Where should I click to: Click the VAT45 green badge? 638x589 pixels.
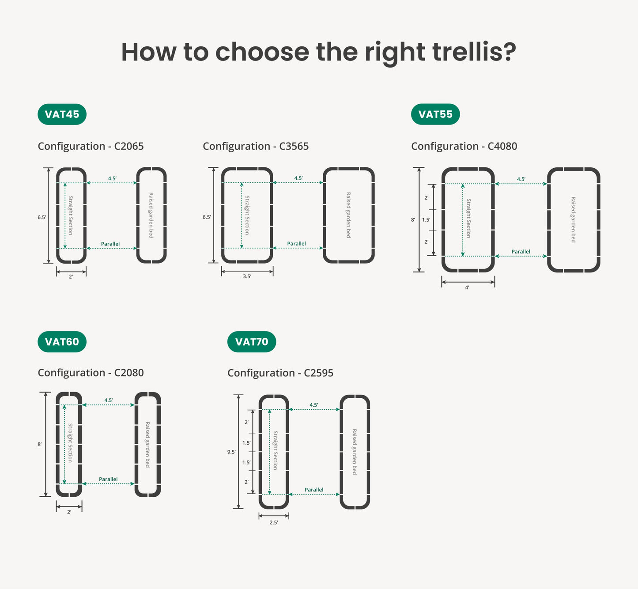pyautogui.click(x=62, y=114)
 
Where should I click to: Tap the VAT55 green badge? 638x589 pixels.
pyautogui.click(x=435, y=114)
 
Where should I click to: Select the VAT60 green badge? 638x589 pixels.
pyautogui.click(x=62, y=342)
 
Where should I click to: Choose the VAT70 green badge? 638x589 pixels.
pyautogui.click(x=252, y=342)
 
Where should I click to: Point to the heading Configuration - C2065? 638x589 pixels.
pyautogui.click(x=91, y=146)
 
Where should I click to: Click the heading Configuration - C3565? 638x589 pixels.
pyautogui.click(x=256, y=146)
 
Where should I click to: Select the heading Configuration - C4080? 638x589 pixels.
pyautogui.click(x=464, y=146)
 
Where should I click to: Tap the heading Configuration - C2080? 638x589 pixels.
pyautogui.click(x=91, y=373)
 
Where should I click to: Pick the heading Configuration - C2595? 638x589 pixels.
pyautogui.click(x=280, y=373)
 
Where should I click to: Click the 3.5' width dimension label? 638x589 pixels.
pyautogui.click(x=247, y=276)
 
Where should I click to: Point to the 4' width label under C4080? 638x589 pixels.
pyautogui.click(x=467, y=287)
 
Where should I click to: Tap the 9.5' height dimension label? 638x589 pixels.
pyautogui.click(x=231, y=452)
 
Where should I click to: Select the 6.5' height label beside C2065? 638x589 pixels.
pyautogui.click(x=42, y=218)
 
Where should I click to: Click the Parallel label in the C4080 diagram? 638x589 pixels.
pyautogui.click(x=521, y=252)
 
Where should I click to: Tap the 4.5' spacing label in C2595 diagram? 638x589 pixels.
pyautogui.click(x=314, y=405)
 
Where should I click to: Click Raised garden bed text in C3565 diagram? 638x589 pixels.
pyautogui.click(x=348, y=215)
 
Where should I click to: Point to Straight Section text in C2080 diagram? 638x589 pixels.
pyautogui.click(x=70, y=443)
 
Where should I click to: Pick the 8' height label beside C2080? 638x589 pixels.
pyautogui.click(x=39, y=445)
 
